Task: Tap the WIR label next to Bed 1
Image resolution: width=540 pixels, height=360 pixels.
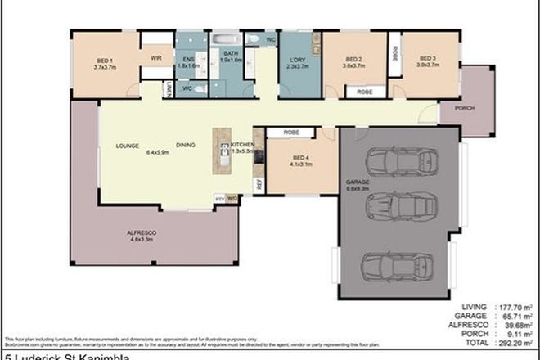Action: pos(155,59)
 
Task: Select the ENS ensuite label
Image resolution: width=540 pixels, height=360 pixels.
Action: pos(187,59)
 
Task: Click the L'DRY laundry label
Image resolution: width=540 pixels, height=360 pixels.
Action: pos(296,60)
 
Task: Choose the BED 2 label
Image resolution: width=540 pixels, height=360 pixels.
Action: pos(353,59)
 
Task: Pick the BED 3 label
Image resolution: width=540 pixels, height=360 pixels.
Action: pos(427,59)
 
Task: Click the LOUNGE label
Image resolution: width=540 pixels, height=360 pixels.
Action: pos(115,146)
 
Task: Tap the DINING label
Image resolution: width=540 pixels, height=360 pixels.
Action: pos(184,146)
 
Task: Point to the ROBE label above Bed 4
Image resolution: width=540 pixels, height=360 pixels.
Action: pos(290,133)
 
